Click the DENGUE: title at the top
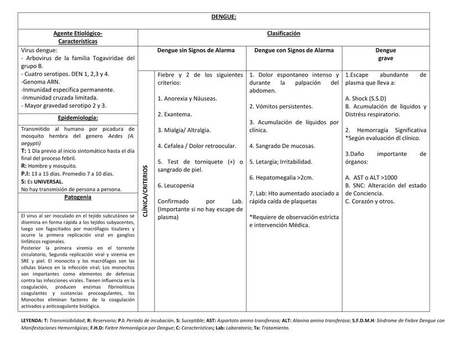tap(224, 17)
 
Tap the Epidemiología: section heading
tap(78, 118)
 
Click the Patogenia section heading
tap(78, 197)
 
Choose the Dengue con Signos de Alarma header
tap(294, 50)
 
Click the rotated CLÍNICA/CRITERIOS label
tap(146, 191)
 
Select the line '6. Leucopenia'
tap(176, 185)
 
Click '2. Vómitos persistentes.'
tap(281, 106)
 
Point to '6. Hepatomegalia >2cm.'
tap(281, 177)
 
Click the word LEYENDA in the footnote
tap(30, 321)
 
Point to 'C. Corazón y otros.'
tap(370, 201)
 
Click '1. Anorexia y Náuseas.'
tap(187, 98)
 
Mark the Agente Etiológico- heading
tap(78, 33)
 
